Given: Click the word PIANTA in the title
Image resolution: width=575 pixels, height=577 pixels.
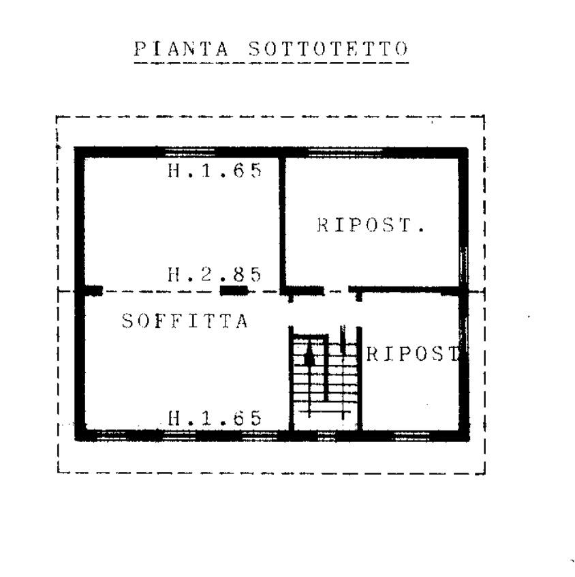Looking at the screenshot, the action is click(x=181, y=49).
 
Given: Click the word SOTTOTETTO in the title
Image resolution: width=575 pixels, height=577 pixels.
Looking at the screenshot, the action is click(x=328, y=49).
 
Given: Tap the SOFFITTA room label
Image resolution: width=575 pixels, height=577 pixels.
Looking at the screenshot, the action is click(x=185, y=321).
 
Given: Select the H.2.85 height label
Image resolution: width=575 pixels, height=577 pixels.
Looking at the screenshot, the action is click(x=215, y=274).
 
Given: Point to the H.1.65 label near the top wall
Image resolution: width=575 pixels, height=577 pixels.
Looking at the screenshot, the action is click(x=215, y=171).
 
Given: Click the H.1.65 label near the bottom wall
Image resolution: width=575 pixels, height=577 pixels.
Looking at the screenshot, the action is click(x=215, y=418).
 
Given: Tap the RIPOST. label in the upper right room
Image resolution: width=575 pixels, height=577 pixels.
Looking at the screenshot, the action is click(x=371, y=224).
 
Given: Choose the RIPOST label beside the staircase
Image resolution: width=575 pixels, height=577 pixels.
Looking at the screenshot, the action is click(x=414, y=354).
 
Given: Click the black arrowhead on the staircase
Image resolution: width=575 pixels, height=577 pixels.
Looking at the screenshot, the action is click(x=310, y=353).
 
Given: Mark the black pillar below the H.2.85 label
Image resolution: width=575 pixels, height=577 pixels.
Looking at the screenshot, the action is click(x=233, y=291).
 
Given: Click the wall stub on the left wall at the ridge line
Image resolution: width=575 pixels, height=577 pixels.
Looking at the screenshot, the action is click(x=93, y=291).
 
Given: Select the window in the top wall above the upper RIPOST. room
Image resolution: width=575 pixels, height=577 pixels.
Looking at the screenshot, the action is click(x=345, y=152).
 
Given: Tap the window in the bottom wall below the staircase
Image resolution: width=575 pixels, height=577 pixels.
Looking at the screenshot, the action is click(x=326, y=436).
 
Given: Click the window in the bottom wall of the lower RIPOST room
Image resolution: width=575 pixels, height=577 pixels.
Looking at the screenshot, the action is click(x=411, y=436).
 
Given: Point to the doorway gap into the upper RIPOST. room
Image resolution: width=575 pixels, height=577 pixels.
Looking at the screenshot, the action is click(x=337, y=291).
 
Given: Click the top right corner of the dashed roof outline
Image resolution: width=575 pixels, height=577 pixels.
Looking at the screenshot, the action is click(x=484, y=117).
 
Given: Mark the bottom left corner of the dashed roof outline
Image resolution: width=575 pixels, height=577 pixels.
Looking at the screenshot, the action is click(x=58, y=472).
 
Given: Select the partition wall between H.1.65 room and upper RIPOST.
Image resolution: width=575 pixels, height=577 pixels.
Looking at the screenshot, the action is click(x=282, y=222).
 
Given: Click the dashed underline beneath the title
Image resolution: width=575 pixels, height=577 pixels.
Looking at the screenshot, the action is click(x=271, y=63).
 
